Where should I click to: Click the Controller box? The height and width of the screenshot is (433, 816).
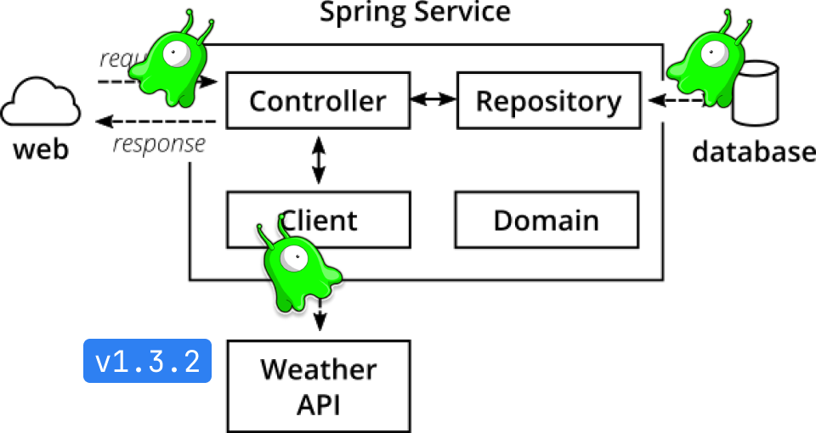tap(317, 101)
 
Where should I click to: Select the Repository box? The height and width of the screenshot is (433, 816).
tap(548, 101)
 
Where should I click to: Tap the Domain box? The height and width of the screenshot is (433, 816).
tap(547, 221)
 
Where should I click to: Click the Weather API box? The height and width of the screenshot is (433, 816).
tap(318, 386)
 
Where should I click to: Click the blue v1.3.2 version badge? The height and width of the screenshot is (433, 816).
tap(147, 362)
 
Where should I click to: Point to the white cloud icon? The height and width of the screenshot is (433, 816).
tap(40, 103)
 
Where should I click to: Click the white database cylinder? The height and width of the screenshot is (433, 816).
tap(756, 93)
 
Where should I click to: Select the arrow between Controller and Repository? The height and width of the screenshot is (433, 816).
tap(432, 100)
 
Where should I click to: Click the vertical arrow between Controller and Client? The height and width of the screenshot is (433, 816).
tap(318, 160)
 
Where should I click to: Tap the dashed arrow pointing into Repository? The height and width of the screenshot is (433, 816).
tap(668, 101)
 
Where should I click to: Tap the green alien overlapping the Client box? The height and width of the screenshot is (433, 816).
tap(298, 267)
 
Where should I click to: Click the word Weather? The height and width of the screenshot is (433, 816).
tap(318, 370)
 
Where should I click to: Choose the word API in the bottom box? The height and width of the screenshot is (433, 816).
tap(318, 404)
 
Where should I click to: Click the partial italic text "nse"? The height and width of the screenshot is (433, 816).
tap(188, 143)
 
